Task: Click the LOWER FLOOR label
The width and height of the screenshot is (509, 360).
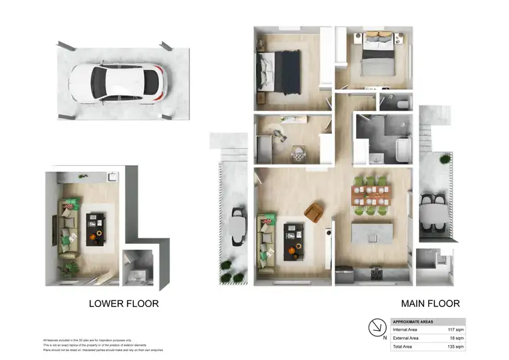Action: (x=124, y=304)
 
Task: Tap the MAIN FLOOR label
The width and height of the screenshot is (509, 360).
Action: (x=431, y=304)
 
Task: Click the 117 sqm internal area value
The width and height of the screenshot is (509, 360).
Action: (x=454, y=329)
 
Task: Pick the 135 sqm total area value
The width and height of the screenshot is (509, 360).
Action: (x=454, y=346)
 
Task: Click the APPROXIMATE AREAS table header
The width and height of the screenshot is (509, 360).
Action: (x=415, y=321)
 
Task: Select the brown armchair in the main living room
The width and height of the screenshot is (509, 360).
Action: (x=314, y=213)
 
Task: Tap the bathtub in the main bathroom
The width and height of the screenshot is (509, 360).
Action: (x=402, y=149)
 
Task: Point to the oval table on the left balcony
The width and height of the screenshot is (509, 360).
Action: (x=238, y=228)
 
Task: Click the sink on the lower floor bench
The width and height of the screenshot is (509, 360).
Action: (x=112, y=176)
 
